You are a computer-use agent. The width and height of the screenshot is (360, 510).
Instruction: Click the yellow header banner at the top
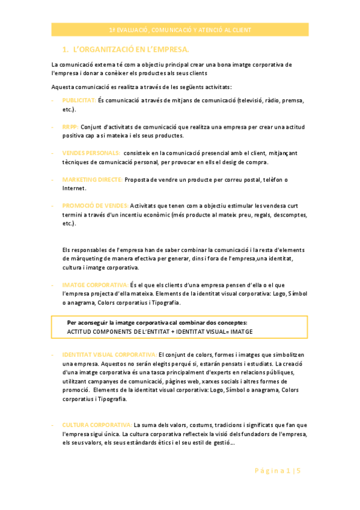coord(180,29)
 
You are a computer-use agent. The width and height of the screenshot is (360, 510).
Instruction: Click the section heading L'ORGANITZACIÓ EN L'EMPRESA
coord(130,49)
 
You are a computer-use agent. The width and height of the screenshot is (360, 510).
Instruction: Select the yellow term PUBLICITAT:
coord(79,100)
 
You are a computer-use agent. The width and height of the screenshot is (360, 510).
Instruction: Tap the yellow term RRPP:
coord(70,127)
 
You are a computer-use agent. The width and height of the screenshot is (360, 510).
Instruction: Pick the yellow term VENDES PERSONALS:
coord(91,153)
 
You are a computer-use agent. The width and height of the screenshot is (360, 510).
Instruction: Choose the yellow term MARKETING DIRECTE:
coord(93,179)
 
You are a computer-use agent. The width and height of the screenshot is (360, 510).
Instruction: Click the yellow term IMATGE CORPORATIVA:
coord(94,284)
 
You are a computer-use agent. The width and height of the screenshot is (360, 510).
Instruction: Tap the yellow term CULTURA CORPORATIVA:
coord(97,425)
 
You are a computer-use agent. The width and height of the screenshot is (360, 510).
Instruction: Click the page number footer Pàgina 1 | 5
coord(281,471)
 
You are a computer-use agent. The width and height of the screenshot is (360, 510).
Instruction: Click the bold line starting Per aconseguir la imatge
coord(157,322)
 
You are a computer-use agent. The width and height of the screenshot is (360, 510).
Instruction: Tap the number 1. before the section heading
coord(66,49)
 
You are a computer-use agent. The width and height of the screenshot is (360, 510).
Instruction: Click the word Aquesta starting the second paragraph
coord(63,87)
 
